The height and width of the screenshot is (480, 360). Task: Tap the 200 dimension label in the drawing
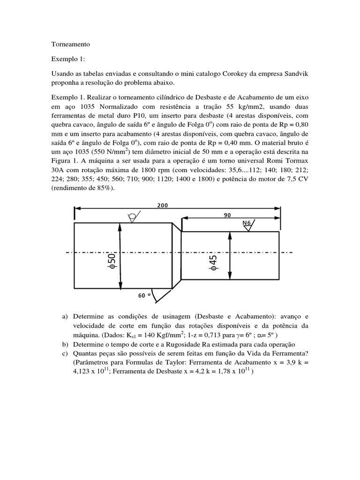pyautogui.click(x=163, y=205)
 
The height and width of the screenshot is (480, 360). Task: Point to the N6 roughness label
pyautogui.click(x=247, y=223)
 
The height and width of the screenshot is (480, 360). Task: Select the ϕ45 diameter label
pyautogui.click(x=213, y=262)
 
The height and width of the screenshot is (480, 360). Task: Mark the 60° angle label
pyautogui.click(x=144, y=295)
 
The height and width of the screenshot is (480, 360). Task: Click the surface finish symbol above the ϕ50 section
pyautogui.click(x=133, y=216)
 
